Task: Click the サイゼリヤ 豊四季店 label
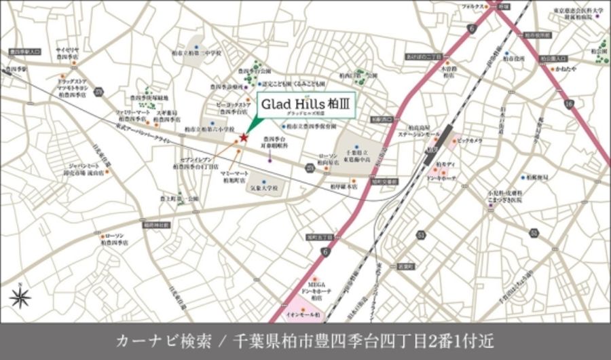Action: tap(69, 54)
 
